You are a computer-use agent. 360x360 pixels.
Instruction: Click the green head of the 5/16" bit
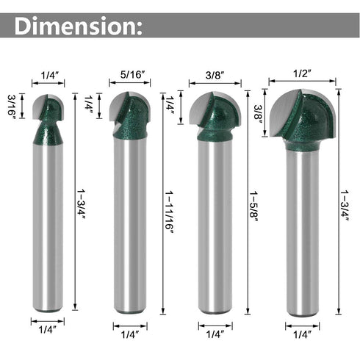point(132,118)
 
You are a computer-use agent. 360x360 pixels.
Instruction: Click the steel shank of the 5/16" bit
point(130,220)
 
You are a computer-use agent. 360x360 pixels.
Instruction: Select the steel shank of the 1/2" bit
point(303,228)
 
